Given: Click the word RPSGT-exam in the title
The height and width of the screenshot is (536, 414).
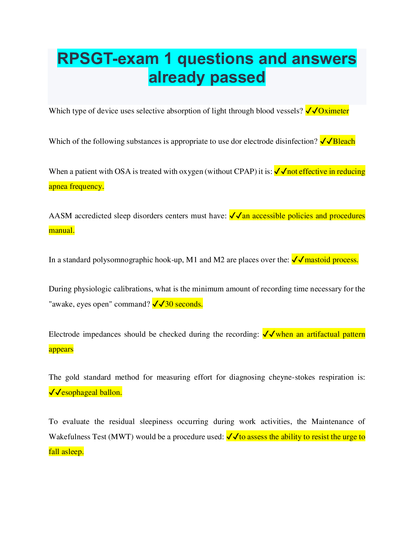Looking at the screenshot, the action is [x=108, y=59].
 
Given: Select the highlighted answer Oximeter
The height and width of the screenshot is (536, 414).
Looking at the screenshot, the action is [x=333, y=111].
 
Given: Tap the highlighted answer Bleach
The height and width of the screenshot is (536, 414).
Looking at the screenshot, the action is [x=344, y=141].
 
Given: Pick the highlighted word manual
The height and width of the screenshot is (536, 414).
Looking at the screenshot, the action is [x=62, y=230].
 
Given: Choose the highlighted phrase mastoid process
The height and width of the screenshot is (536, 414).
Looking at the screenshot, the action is [x=331, y=260].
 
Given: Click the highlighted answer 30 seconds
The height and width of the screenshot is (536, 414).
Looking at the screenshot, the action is [x=184, y=304].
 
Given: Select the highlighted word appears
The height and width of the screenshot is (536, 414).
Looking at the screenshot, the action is [x=61, y=349].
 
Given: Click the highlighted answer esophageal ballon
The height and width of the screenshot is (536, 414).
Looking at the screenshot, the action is [x=91, y=392].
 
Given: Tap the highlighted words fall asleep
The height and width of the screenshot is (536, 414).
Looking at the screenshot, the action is [x=66, y=451].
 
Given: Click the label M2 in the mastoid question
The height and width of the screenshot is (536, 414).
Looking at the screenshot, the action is [x=219, y=260].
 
